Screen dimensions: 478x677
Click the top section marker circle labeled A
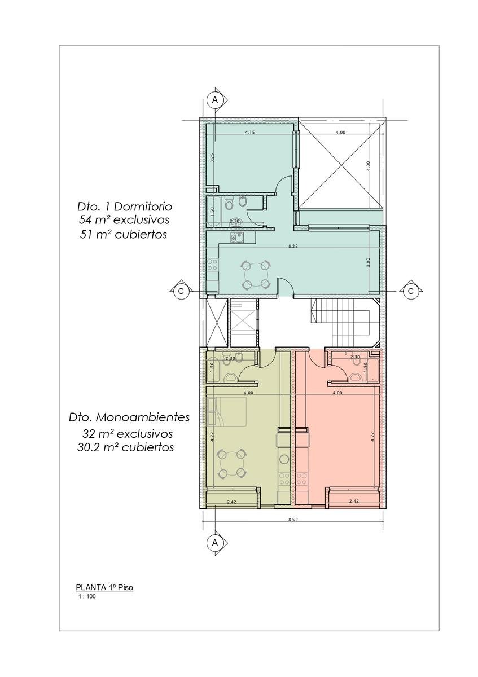click(x=214, y=100)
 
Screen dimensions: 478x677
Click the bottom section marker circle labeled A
click(x=214, y=543)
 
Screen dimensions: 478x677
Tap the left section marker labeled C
click(x=181, y=291)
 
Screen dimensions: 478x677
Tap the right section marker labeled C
click(x=411, y=291)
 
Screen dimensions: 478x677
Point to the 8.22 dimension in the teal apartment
click(x=293, y=247)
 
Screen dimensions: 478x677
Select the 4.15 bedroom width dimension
click(x=250, y=132)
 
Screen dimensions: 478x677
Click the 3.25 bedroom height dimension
click(x=212, y=158)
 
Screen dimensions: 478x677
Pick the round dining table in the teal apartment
click(x=256, y=274)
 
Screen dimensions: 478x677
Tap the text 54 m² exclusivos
click(x=124, y=220)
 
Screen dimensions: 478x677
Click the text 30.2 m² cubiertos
click(x=125, y=447)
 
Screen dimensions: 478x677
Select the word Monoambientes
click(x=143, y=417)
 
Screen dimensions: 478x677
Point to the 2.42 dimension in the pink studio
click(x=354, y=501)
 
